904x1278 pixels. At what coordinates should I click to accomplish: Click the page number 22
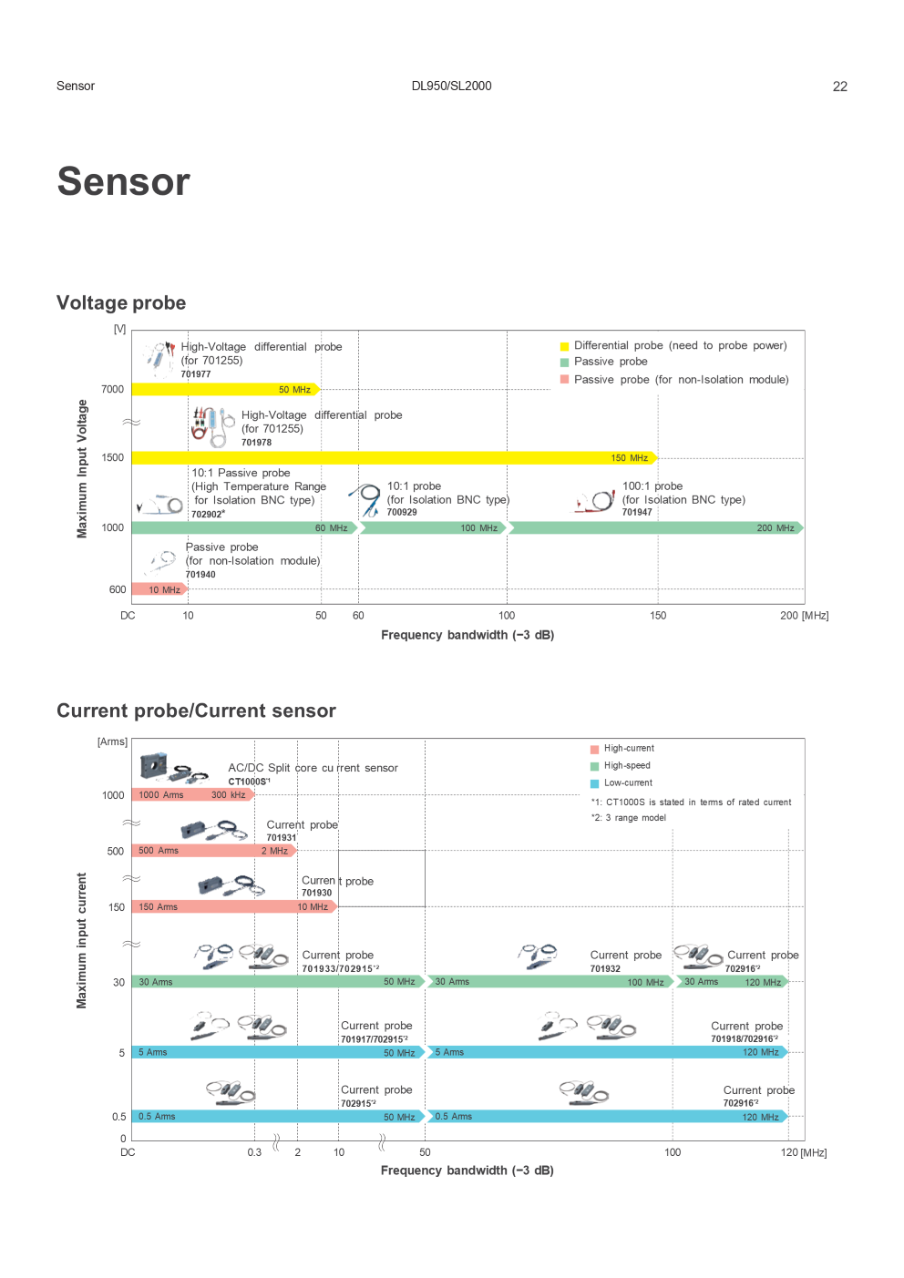pos(839,87)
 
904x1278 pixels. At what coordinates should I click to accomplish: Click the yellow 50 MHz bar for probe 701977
pos(225,389)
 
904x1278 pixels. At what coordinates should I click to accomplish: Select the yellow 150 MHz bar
pos(395,457)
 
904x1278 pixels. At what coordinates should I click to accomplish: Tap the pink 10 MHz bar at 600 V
pos(159,589)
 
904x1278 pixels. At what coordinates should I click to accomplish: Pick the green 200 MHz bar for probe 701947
pos(656,527)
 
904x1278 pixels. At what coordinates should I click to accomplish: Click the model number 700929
pos(402,512)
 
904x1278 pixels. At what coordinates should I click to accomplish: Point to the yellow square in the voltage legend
pos(564,346)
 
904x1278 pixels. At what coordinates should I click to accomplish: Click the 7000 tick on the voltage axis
pos(112,389)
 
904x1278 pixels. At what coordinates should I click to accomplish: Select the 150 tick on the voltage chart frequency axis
pos(657,615)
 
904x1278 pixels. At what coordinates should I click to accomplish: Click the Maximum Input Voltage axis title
pos(82,468)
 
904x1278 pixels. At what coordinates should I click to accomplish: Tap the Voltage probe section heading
pos(121,302)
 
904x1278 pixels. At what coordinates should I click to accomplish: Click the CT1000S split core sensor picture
pos(173,767)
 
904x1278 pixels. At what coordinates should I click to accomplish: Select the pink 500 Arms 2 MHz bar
pos(214,850)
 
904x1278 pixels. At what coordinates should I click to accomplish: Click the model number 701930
pos(317,893)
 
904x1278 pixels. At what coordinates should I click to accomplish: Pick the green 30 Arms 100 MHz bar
pos(550,981)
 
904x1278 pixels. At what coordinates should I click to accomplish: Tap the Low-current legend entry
pos(621,782)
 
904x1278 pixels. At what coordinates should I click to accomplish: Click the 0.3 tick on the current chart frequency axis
pos(254,1152)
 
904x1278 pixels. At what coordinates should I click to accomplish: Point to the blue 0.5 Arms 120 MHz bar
pos(608,1116)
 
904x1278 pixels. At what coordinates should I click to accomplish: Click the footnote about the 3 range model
pos(629,818)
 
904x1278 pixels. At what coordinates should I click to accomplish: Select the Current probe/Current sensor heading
pos(196,711)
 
